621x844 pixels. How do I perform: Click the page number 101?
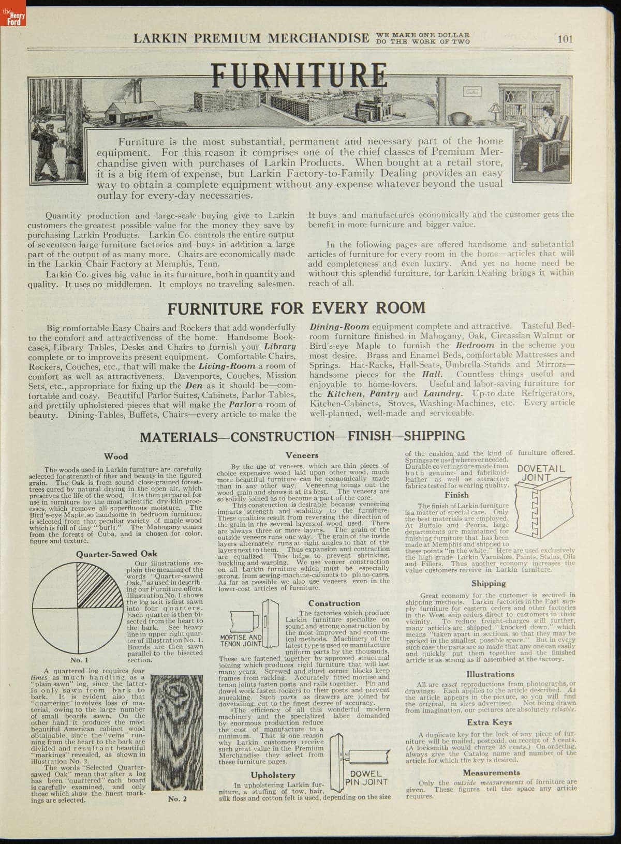(565, 38)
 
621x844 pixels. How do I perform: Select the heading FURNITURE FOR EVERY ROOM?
(297, 308)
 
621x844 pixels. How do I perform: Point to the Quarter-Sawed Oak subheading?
(116, 554)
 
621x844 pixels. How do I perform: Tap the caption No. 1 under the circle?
(79, 660)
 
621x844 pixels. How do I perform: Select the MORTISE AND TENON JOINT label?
(241, 641)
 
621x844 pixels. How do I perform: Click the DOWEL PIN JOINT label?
(366, 778)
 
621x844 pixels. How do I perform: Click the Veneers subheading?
(302, 455)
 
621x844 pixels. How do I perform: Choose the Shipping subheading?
(489, 583)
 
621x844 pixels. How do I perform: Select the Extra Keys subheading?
(489, 722)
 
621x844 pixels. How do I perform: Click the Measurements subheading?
(491, 773)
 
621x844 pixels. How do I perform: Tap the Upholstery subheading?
(273, 775)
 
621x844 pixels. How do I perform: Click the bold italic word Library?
(279, 346)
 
